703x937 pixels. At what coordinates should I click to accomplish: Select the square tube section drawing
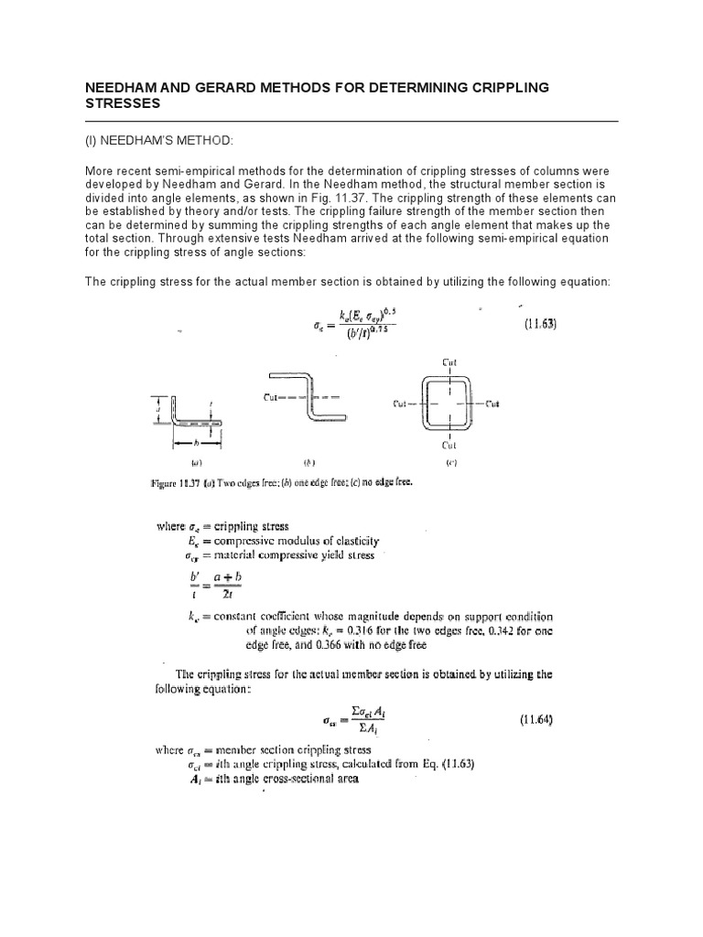pos(449,403)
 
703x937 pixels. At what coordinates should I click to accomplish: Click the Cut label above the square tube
pos(449,361)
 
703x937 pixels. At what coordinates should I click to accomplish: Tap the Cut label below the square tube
pos(449,446)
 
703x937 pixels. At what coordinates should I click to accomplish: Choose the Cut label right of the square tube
pos(492,404)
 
